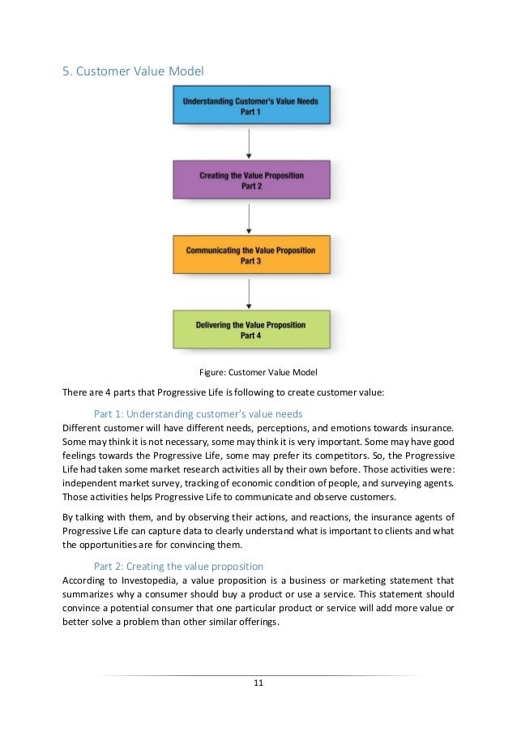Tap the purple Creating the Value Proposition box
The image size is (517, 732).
tap(250, 179)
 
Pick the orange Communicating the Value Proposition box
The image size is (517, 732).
tap(250, 255)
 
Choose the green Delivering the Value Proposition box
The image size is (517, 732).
tap(250, 329)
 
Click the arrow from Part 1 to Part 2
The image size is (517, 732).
tap(250, 142)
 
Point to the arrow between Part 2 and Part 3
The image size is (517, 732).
tap(250, 217)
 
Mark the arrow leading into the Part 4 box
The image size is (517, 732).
tap(250, 292)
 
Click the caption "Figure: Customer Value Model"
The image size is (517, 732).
tap(258, 373)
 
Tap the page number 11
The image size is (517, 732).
tap(258, 683)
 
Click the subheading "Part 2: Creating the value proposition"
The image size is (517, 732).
tap(178, 566)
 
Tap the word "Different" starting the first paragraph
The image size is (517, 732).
tap(83, 427)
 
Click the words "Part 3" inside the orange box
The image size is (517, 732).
tap(250, 261)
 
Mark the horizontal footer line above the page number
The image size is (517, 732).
tap(258, 675)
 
